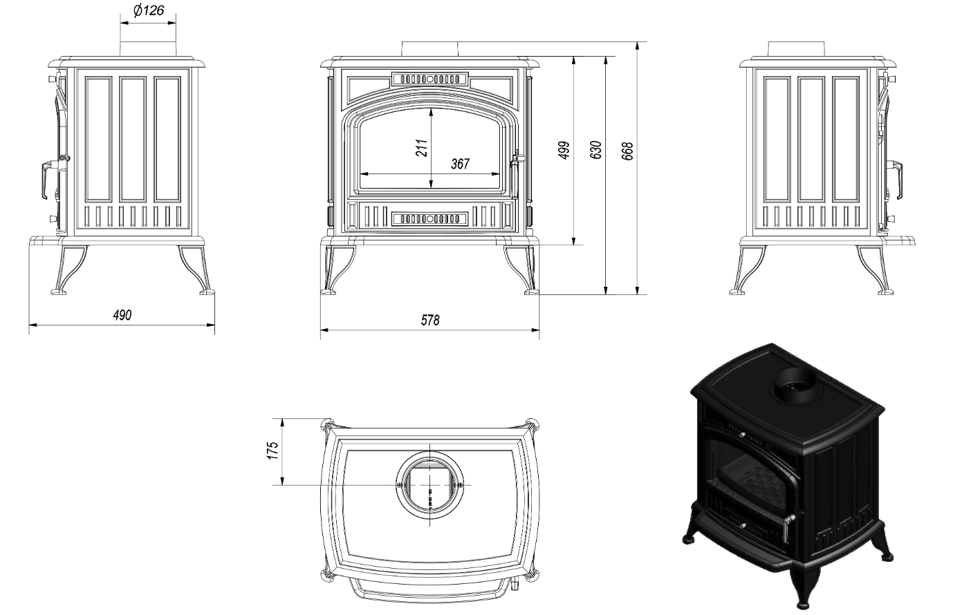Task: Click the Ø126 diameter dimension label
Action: point(149,10)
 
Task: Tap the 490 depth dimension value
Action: point(122,315)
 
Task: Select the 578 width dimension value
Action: point(430,320)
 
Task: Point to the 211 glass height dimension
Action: point(422,148)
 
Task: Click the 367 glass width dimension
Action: point(460,164)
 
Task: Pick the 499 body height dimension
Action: point(564,150)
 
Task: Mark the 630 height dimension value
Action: point(596,150)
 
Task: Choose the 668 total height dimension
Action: point(627,151)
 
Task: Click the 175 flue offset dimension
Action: point(272,451)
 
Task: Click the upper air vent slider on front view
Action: point(429,79)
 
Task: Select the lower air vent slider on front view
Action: point(429,219)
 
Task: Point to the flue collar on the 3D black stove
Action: point(793,386)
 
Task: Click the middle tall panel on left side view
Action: point(133,139)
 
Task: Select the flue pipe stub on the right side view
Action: point(796,49)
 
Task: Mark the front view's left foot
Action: point(337,269)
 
